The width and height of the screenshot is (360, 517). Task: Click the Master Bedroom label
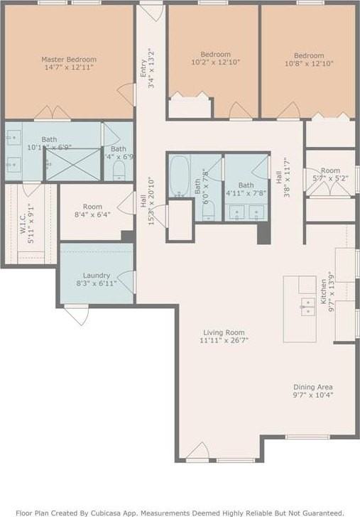click(69, 60)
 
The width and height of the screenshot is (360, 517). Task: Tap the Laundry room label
click(95, 275)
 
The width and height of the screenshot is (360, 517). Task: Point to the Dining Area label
click(313, 387)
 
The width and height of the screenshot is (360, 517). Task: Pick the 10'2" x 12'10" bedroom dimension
click(215, 63)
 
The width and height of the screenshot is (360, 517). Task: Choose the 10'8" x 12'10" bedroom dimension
click(309, 64)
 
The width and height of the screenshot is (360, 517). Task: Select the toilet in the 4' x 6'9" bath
click(119, 170)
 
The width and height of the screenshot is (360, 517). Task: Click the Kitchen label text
click(323, 288)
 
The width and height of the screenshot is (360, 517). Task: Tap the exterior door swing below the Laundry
click(77, 315)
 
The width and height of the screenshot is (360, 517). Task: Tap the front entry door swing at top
click(151, 11)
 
